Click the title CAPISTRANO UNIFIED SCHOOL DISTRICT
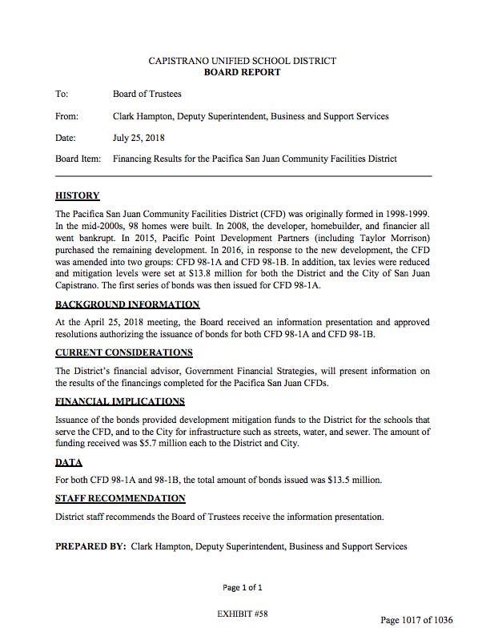point(243,61)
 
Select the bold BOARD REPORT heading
point(243,72)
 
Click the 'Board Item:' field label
point(78,159)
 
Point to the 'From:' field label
point(66,116)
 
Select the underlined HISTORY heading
point(77,195)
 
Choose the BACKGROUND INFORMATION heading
point(127,304)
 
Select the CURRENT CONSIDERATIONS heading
point(123,352)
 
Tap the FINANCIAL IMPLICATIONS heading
point(120,401)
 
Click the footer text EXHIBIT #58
point(242,612)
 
